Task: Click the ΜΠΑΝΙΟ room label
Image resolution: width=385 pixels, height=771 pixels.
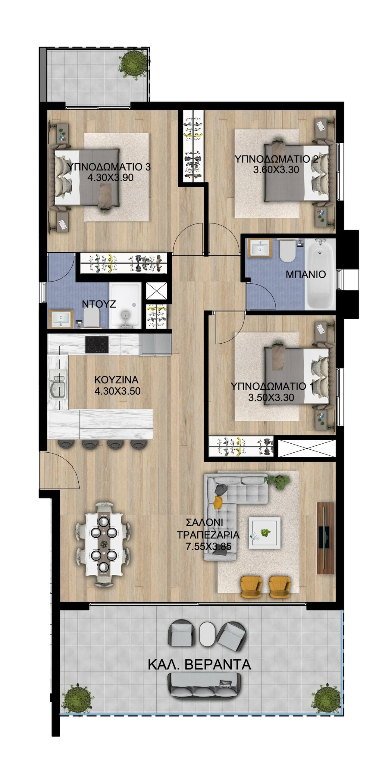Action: coord(305,274)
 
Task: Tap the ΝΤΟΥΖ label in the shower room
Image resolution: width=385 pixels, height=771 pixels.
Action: coord(99,304)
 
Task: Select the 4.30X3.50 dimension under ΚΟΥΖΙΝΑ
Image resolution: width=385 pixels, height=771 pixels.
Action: coord(117,391)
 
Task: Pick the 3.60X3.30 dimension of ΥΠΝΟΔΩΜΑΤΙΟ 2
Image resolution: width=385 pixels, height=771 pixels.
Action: coord(276,170)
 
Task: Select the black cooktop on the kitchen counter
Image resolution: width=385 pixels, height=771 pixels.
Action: coord(97,345)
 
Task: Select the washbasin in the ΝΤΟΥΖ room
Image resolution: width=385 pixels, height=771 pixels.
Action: coord(61,319)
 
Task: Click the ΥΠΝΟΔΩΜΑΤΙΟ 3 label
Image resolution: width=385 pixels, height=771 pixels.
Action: coord(109,167)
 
